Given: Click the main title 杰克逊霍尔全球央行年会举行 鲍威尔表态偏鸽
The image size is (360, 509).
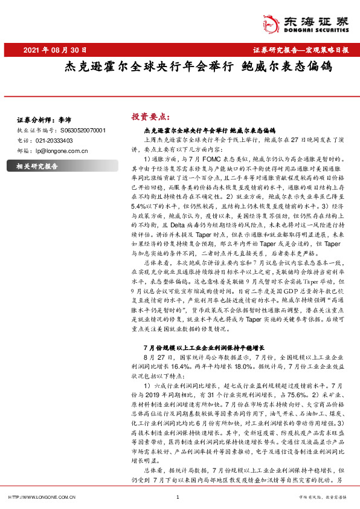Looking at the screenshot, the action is click(197, 67).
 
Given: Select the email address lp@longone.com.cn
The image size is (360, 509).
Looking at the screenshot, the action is click(63, 149).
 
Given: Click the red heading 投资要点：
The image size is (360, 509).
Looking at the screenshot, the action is click(150, 117).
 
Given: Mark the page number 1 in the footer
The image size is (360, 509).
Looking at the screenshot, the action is click(178, 497).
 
